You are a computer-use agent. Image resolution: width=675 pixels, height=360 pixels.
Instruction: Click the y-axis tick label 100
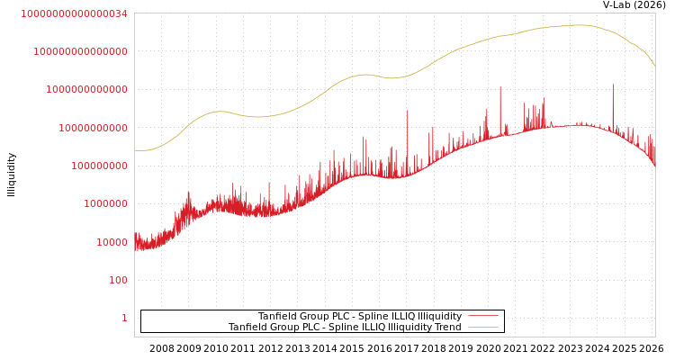119,280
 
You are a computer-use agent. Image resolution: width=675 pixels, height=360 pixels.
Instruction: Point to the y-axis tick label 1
124,318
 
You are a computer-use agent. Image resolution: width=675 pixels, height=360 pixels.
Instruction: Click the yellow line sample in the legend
482,328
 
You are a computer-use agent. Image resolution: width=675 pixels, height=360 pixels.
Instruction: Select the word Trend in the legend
446,328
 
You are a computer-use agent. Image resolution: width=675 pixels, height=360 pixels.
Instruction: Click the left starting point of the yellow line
135,150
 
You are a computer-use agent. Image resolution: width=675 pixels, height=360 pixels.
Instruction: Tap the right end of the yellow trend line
655,67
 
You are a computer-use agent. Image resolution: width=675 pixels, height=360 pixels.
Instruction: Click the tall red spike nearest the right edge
613,86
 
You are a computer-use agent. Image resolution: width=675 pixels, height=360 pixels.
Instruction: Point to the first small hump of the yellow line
219,112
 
